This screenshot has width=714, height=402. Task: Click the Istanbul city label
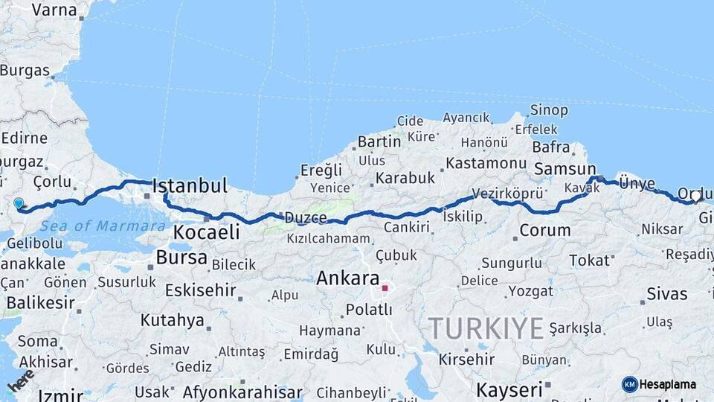click(190, 185)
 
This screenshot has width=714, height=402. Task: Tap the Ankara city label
click(348, 278)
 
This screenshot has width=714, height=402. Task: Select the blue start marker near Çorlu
click(19, 202)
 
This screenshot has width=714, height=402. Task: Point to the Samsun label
click(565, 169)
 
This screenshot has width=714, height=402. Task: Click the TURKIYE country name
click(486, 328)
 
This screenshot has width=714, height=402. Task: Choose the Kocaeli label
click(206, 232)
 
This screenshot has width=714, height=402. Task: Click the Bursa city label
click(181, 258)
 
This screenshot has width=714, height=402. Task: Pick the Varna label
click(54, 10)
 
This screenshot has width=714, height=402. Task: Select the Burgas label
click(25, 71)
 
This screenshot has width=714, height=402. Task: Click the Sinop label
click(549, 110)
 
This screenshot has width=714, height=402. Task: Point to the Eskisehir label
click(200, 290)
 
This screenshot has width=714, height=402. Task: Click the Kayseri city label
click(509, 390)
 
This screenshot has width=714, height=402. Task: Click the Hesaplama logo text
click(667, 384)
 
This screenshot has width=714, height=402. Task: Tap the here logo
click(21, 380)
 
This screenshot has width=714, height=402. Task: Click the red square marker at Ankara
click(385, 288)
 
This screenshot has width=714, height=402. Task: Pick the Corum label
click(545, 230)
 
